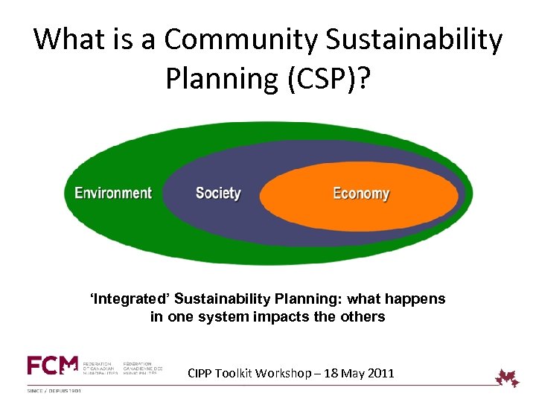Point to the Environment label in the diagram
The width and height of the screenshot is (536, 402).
(113, 194)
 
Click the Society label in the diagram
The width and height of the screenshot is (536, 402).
(218, 194)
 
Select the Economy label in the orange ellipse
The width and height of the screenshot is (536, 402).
(361, 194)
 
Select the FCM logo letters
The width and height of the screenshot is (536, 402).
(52, 365)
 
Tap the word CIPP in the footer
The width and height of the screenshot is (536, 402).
(202, 373)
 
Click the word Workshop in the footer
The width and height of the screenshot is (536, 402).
(284, 373)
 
